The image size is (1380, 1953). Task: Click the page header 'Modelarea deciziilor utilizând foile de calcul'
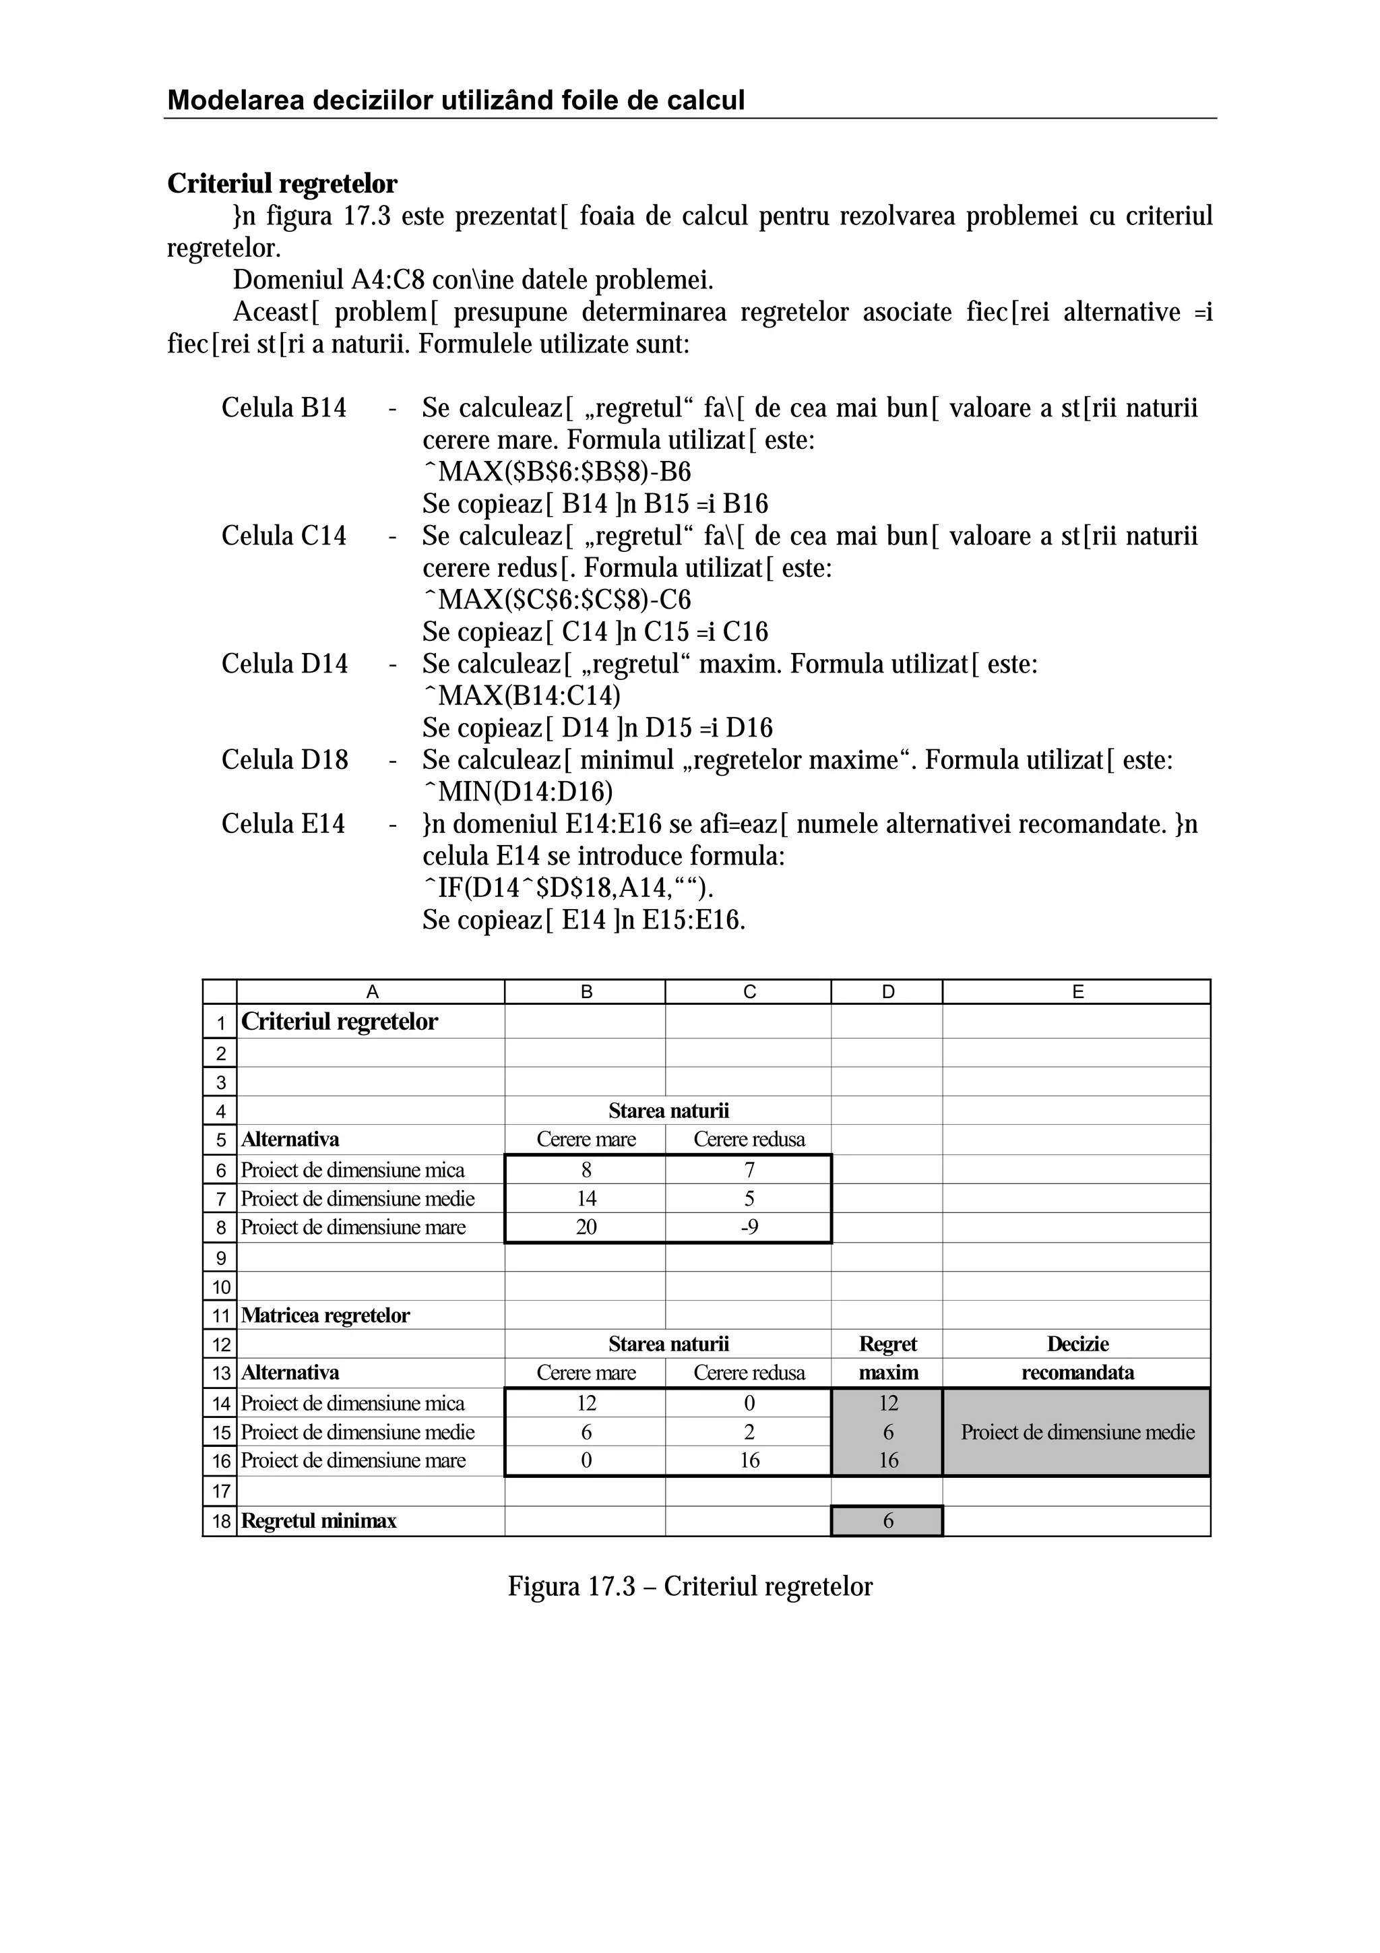pos(456,100)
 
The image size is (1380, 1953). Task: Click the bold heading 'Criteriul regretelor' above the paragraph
pos(282,184)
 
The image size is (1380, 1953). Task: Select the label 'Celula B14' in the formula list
pos(284,408)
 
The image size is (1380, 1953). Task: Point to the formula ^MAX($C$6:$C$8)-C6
pos(557,600)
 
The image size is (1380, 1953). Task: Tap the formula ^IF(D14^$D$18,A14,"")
pos(568,889)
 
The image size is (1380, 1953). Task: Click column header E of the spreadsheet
pos(1077,992)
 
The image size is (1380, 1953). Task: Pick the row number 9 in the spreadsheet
pos(220,1258)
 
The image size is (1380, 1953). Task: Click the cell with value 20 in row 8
pos(586,1227)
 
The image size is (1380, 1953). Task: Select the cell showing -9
pos(749,1227)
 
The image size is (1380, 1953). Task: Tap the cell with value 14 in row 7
pos(586,1198)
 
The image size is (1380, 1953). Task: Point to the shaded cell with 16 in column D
pos(887,1460)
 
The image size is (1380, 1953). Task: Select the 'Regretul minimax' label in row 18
pos(319,1521)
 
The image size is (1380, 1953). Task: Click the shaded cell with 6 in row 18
pos(887,1521)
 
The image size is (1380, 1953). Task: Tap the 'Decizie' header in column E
pos(1077,1344)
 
